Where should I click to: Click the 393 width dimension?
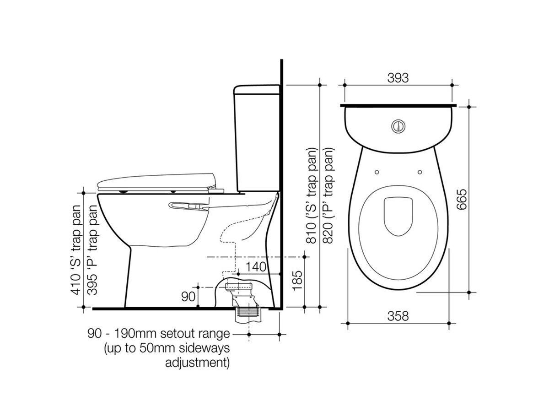[398, 78]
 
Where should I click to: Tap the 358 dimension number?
[398, 316]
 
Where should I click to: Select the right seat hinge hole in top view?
[420, 172]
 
